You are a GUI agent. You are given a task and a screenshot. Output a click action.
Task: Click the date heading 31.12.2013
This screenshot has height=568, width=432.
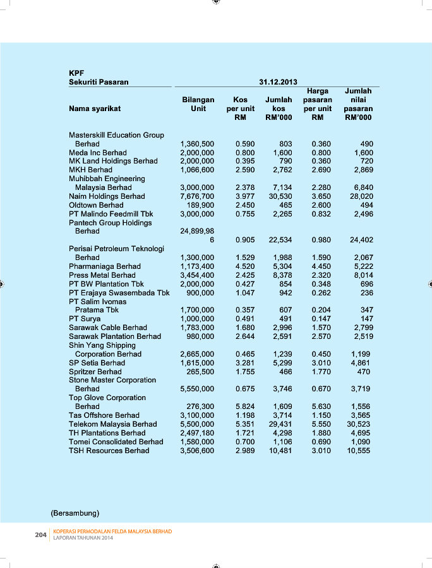click(278, 82)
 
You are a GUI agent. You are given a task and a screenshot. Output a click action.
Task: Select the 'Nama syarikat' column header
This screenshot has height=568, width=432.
click(95, 109)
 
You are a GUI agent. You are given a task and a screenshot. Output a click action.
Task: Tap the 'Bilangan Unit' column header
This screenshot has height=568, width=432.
click(198, 104)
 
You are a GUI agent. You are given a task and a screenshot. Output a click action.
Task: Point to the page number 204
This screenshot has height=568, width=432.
click(41, 535)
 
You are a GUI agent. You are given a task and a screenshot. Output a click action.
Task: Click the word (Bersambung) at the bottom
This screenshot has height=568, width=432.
click(75, 511)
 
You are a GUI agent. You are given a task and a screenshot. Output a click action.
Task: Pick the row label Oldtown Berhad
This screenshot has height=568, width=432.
click(96, 205)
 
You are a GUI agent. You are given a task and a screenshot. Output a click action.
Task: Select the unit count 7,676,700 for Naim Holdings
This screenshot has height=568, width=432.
click(197, 196)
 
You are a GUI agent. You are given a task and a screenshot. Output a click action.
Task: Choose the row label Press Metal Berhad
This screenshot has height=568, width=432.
click(102, 275)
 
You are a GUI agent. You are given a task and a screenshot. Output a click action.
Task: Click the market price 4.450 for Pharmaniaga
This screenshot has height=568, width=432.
click(321, 266)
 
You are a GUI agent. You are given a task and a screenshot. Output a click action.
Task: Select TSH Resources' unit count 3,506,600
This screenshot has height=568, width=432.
click(197, 451)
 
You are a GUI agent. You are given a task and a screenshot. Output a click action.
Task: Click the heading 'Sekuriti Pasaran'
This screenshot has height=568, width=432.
click(99, 82)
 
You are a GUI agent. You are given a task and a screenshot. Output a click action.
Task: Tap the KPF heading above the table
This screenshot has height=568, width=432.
click(76, 73)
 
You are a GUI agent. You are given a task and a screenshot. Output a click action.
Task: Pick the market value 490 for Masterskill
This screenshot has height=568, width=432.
click(365, 144)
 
